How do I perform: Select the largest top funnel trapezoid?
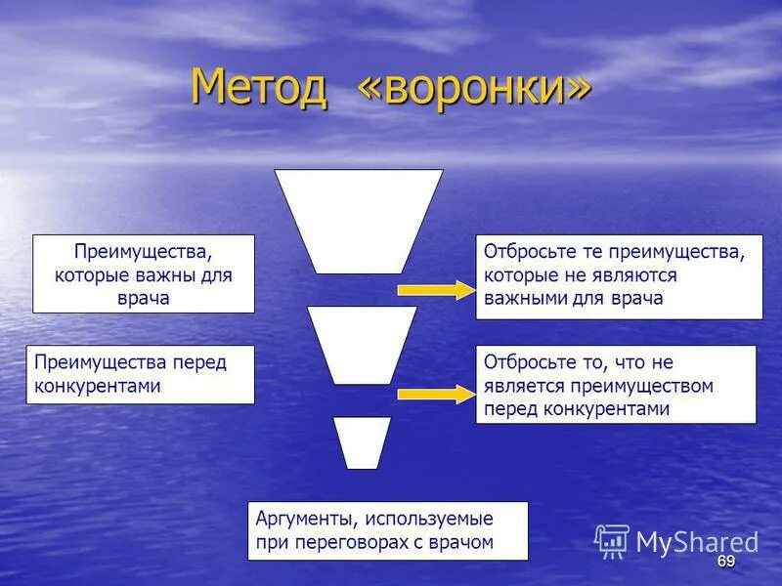click(359, 220)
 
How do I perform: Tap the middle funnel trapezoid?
click(362, 344)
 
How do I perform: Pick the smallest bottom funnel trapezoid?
click(362, 441)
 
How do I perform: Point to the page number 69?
click(725, 561)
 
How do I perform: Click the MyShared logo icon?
click(612, 540)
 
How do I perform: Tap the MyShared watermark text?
click(697, 542)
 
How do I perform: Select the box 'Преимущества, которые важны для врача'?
click(144, 273)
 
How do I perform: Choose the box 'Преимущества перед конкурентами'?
click(144, 374)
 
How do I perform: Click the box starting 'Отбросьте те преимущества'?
click(619, 275)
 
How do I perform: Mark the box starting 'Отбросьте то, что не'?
click(616, 385)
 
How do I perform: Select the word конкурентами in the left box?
click(98, 386)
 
